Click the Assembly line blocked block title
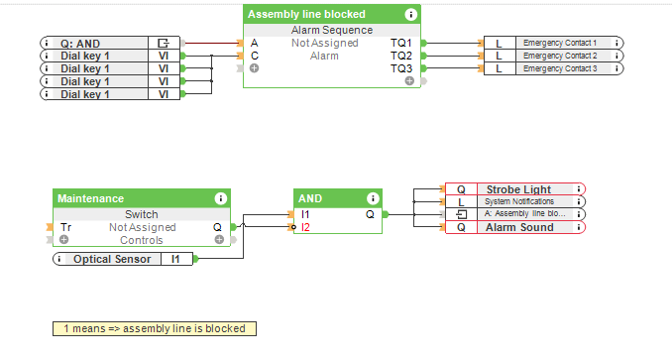(x=306, y=14)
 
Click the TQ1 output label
(x=400, y=44)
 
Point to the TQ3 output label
(x=400, y=68)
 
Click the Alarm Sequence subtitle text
(x=331, y=31)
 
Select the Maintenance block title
(x=90, y=198)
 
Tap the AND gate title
(x=310, y=198)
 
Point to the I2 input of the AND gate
(x=306, y=227)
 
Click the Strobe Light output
(x=514, y=189)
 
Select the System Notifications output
(x=514, y=201)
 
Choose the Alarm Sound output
(x=514, y=227)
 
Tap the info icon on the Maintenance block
(x=220, y=198)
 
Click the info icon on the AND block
(x=373, y=198)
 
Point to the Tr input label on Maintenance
(x=65, y=227)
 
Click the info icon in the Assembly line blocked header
(x=410, y=14)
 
